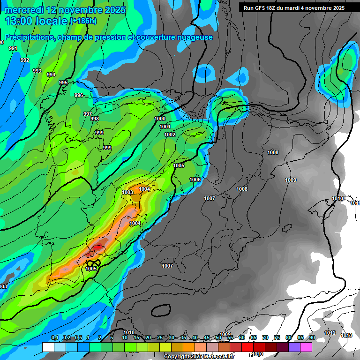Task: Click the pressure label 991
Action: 13,48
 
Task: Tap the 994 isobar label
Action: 51,75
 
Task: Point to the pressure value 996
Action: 79,95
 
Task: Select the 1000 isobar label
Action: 160,119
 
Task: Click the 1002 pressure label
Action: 170,135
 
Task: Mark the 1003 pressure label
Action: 127,192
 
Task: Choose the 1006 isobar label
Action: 195,180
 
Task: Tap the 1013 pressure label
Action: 346,335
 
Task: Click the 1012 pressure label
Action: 330,333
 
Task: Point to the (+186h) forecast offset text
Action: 83,21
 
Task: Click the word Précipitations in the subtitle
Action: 28,37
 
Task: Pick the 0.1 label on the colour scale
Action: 54,338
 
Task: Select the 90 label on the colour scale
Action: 312,338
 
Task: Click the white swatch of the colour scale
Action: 48,347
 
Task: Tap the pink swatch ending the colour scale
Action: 306,347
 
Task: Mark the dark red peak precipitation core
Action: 98,247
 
